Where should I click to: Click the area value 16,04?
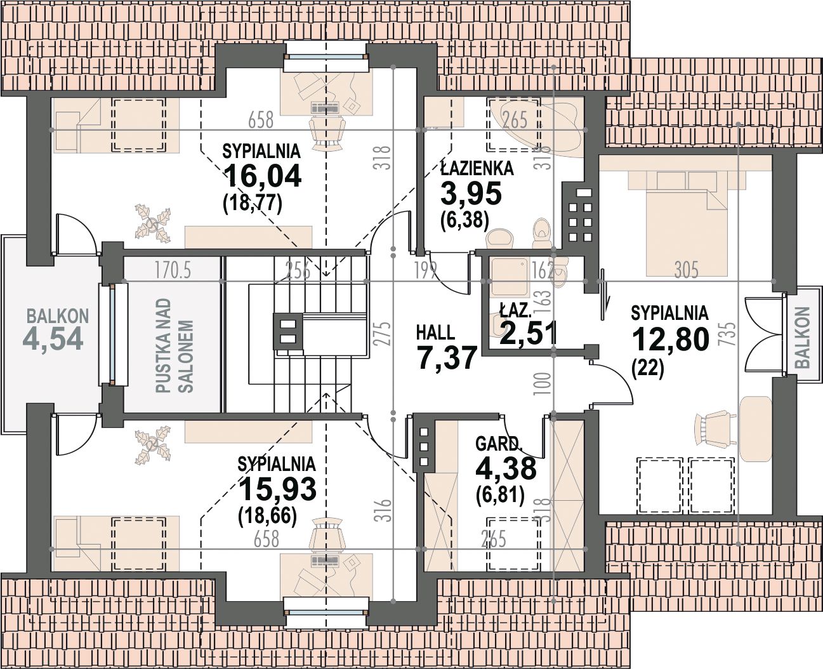click(x=262, y=176)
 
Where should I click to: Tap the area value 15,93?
click(x=278, y=489)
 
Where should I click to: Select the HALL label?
click(x=435, y=333)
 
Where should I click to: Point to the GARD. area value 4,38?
click(x=506, y=468)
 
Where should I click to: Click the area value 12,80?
click(x=670, y=338)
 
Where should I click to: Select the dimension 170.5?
click(x=173, y=270)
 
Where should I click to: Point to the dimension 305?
click(x=686, y=270)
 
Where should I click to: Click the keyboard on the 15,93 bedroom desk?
click(x=325, y=560)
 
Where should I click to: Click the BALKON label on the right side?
click(x=803, y=337)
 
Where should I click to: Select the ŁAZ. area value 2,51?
click(x=527, y=333)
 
